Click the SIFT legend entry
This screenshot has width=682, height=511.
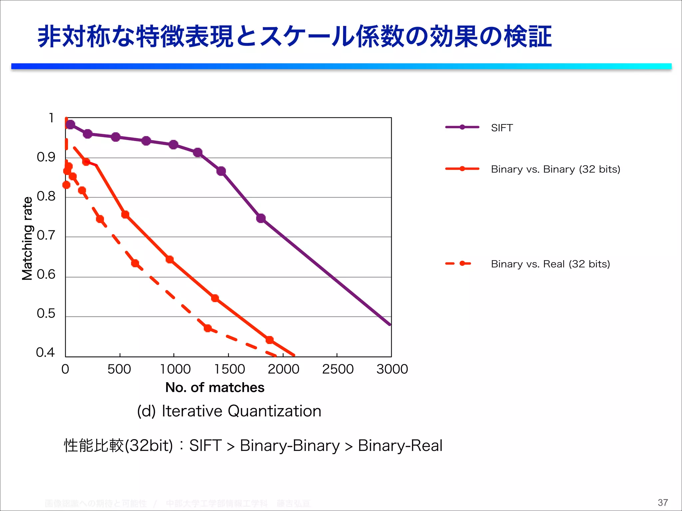[502, 128]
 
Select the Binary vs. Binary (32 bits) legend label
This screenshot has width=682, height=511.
[555, 169]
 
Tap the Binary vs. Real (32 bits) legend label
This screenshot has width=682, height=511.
[550, 264]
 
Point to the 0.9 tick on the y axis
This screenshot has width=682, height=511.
[46, 157]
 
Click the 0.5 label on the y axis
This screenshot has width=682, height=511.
[46, 313]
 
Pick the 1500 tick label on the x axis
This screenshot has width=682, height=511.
[229, 369]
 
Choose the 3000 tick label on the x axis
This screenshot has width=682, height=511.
[392, 369]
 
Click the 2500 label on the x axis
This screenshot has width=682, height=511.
[338, 369]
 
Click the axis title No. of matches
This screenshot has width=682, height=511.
[215, 388]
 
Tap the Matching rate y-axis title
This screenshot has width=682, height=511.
[27, 238]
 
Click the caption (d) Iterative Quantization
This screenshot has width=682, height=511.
[229, 411]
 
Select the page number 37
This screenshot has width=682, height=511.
[663, 502]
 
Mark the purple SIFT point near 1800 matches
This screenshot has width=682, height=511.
[261, 218]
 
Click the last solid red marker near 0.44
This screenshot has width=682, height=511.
[269, 340]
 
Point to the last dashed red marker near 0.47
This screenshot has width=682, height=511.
[208, 328]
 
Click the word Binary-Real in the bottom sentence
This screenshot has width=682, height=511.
[400, 445]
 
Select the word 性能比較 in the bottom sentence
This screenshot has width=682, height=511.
[94, 445]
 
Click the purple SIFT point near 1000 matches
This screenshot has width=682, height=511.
[173, 144]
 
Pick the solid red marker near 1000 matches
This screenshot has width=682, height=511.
[170, 259]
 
